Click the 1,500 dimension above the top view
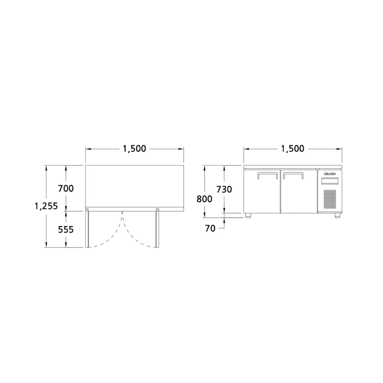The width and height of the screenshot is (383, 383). [134, 149]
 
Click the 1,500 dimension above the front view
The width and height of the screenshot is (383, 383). [293, 149]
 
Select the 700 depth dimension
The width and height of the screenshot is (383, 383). [66, 188]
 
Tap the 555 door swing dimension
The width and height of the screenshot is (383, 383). [66, 229]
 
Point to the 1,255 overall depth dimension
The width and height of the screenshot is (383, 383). [46, 206]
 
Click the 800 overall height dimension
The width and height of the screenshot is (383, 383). [205, 199]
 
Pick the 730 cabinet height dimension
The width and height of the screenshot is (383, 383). [224, 189]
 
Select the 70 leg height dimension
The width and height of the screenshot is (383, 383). [210, 228]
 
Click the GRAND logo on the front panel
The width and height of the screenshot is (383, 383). [330, 174]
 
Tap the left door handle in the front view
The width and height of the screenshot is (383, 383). [268, 175]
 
